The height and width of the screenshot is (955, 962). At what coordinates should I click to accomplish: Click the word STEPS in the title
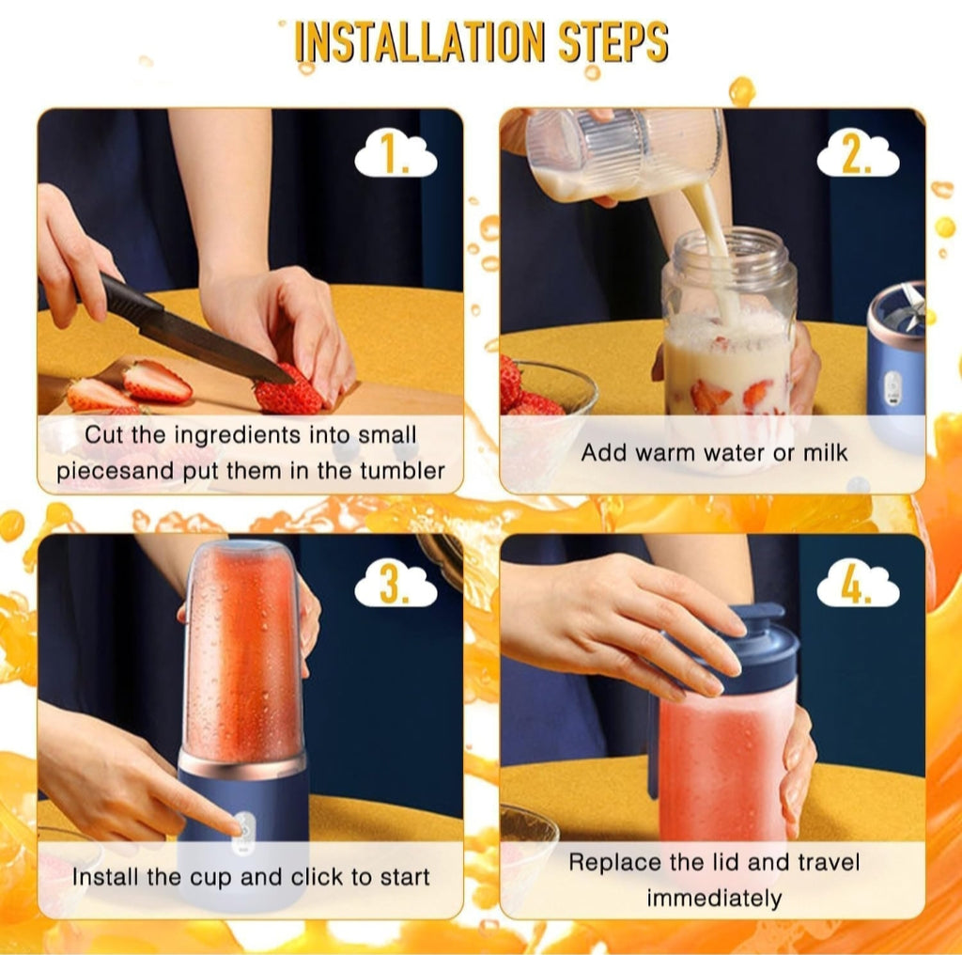[x=613, y=41]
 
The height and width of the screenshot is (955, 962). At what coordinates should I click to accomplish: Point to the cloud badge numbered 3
[x=396, y=584]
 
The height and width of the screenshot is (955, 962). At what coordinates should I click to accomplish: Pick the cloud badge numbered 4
[x=858, y=584]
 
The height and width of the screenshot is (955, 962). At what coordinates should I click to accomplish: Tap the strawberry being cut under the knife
[x=287, y=392]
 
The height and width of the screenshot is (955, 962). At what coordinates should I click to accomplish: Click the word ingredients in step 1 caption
[x=238, y=434]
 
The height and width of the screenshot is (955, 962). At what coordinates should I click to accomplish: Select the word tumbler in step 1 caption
[x=402, y=471]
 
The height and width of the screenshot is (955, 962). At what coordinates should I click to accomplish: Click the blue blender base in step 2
[x=895, y=356]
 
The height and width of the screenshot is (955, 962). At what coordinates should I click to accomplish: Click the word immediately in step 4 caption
[x=714, y=899]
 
